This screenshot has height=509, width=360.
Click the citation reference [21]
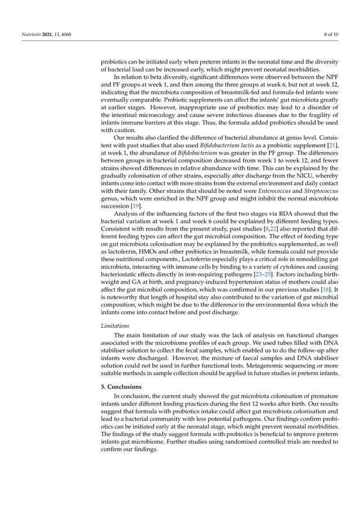click(332, 145)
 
